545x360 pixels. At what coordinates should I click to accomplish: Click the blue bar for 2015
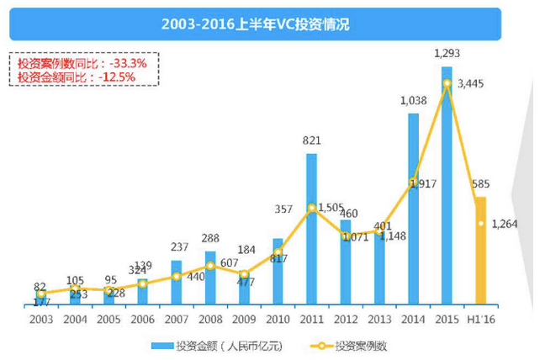tap(447, 185)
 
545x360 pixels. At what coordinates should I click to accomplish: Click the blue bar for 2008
tap(210, 278)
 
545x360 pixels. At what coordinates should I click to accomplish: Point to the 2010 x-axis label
tap(278, 319)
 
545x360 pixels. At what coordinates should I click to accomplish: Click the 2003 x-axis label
tap(40, 319)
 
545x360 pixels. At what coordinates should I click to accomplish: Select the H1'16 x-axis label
tap(483, 319)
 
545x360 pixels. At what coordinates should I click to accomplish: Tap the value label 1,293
tap(447, 54)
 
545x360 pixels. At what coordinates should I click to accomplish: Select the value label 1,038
tap(414, 101)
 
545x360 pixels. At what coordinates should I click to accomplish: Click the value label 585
tap(481, 184)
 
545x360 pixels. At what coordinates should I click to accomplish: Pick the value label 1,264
tap(505, 224)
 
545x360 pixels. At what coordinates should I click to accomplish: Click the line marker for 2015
tap(447, 82)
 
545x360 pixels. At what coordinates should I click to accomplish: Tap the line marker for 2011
tap(311, 208)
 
